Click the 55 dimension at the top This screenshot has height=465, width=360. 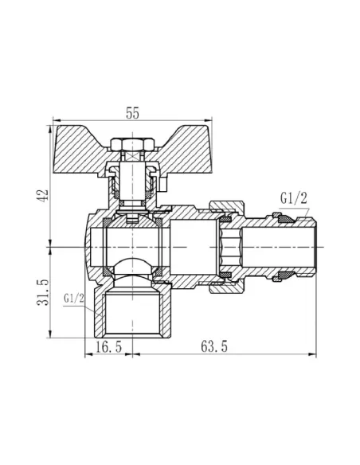133,114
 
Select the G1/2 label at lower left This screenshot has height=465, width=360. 69,299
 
